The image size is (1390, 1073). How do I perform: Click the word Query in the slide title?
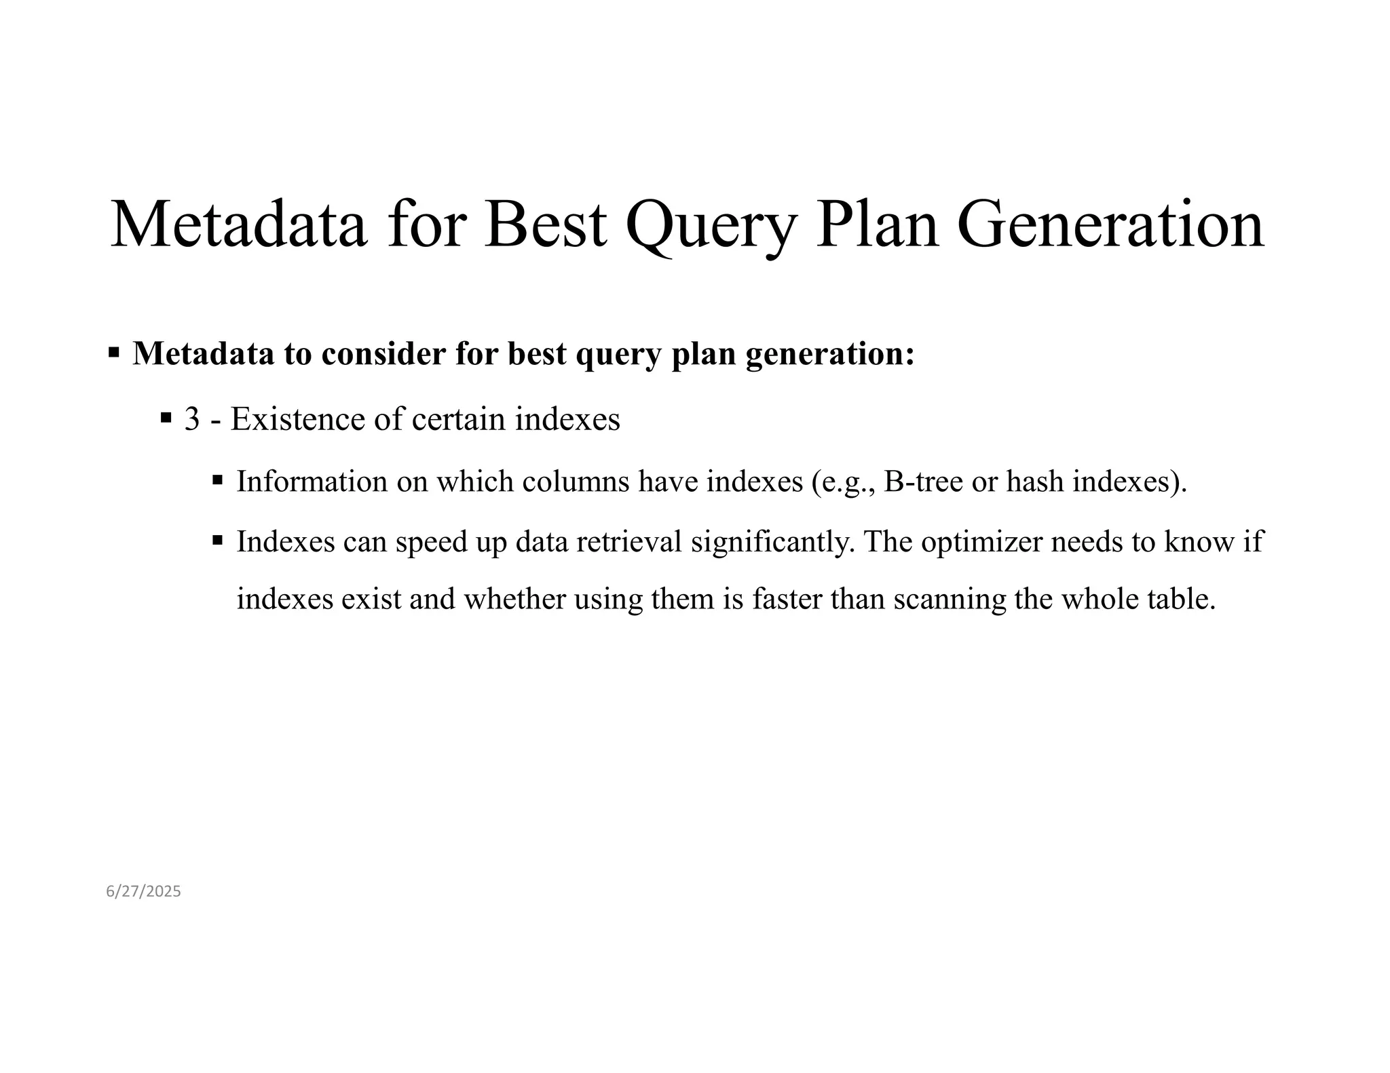tap(710, 227)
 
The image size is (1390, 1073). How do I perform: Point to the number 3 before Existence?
tap(192, 419)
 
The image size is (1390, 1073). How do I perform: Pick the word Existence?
tap(298, 419)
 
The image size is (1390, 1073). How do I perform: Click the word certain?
tap(459, 419)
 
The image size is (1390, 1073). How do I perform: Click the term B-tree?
tap(924, 482)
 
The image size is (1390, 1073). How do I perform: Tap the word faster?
tap(787, 599)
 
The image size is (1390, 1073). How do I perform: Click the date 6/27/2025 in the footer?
tap(143, 891)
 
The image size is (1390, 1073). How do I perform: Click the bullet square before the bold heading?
tap(114, 353)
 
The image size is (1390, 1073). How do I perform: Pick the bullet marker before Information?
tap(218, 480)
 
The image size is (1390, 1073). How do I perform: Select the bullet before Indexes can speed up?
tap(218, 541)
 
